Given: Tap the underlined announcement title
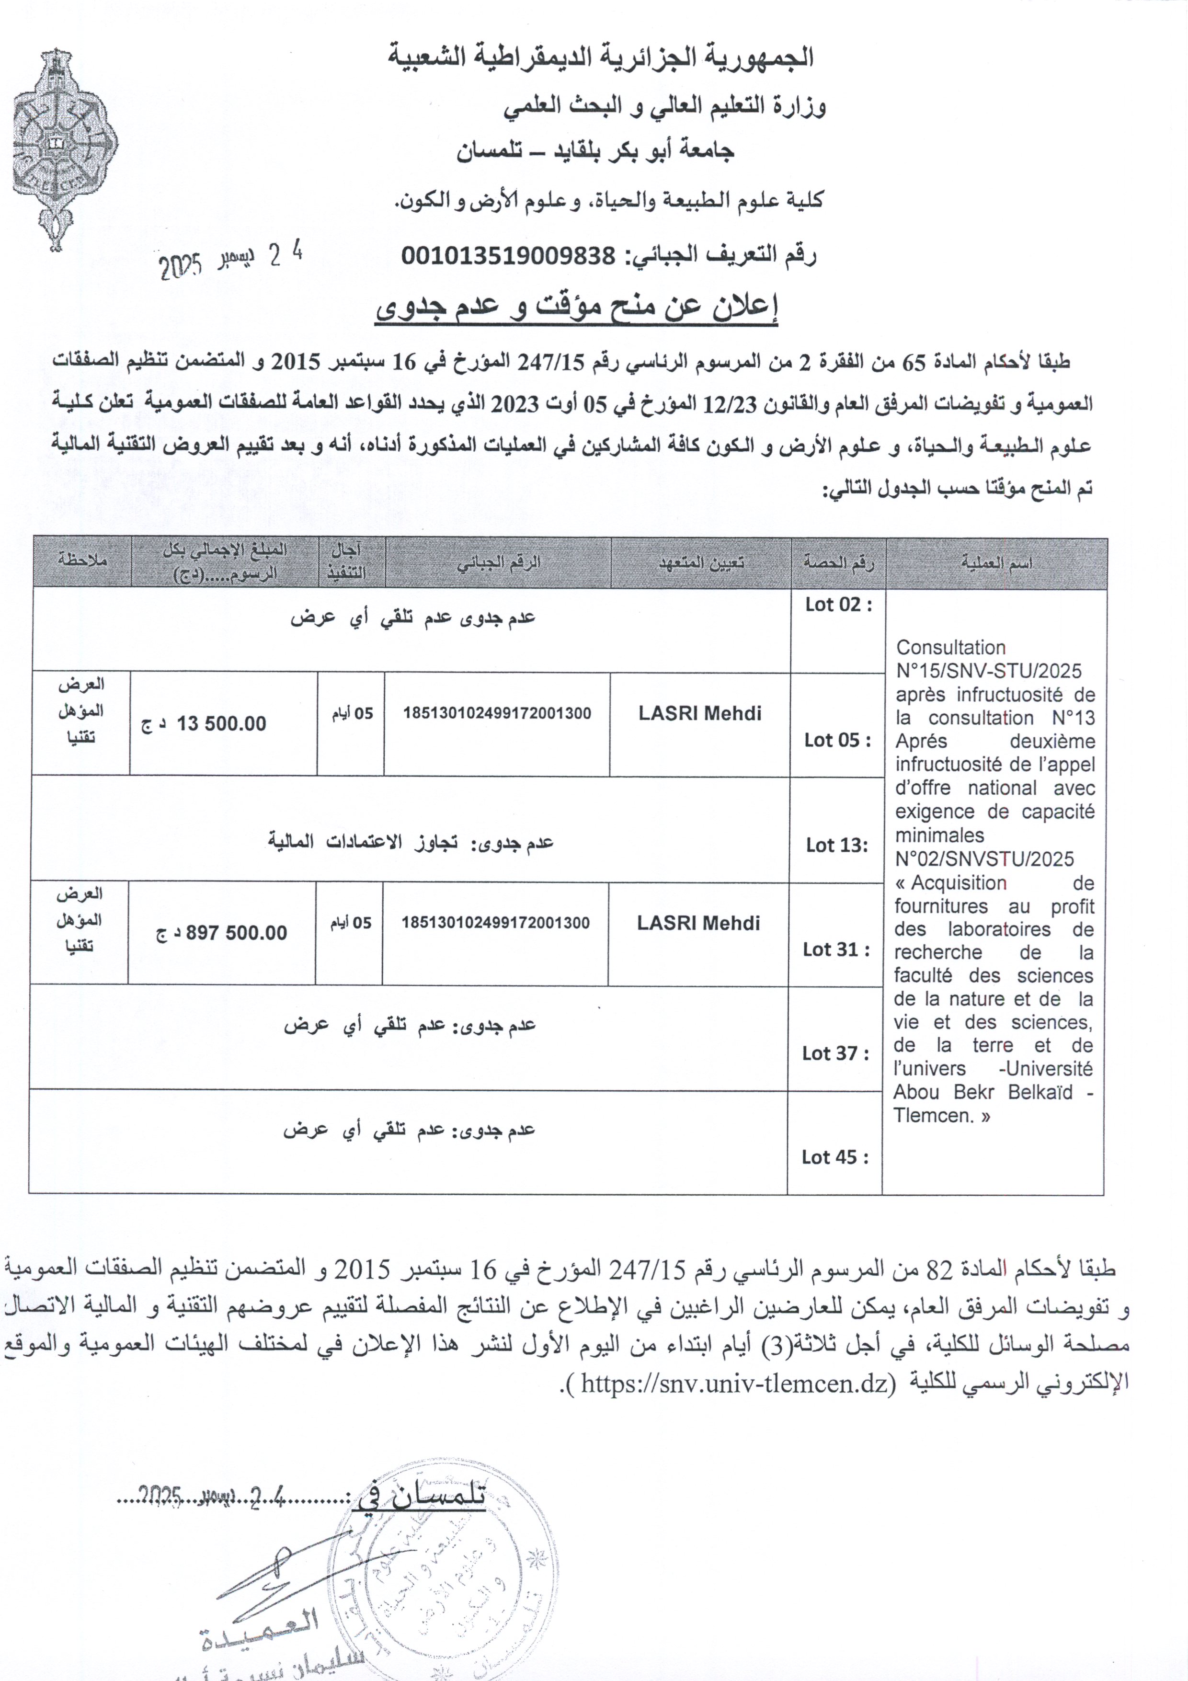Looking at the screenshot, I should [576, 308].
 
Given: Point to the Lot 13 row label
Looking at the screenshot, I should [837, 846].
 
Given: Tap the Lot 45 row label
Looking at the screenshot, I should [834, 1157].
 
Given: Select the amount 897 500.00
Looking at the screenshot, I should [236, 933].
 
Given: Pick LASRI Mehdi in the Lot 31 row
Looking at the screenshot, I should [698, 923].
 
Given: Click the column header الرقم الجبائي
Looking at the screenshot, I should [499, 562].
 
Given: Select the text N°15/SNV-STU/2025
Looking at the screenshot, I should [988, 671].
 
